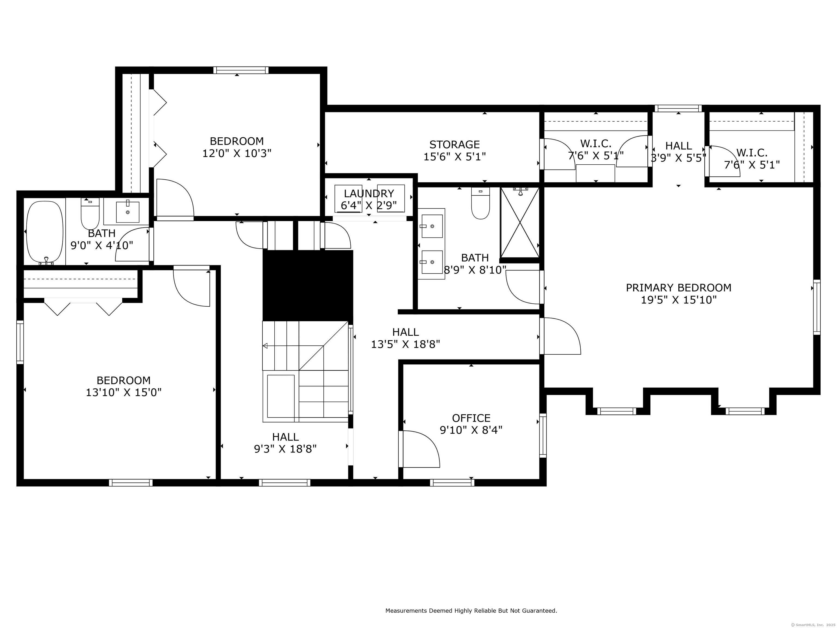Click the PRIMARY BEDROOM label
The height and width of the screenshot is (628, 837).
tap(678, 288)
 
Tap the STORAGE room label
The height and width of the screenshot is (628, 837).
tap(454, 145)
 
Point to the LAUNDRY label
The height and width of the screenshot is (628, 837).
tap(369, 194)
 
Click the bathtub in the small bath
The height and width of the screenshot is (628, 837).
tap(45, 232)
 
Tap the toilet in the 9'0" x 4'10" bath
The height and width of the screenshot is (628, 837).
tap(90, 213)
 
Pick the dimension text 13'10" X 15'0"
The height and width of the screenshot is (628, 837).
tap(124, 392)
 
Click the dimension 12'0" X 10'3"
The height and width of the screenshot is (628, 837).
tap(237, 153)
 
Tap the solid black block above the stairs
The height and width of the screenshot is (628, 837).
tap(308, 285)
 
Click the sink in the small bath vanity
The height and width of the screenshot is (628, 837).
tap(128, 212)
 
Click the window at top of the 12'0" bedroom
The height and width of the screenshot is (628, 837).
tap(241, 70)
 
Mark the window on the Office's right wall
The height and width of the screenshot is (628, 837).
tap(543, 436)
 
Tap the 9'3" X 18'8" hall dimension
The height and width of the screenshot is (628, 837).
tap(285, 449)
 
